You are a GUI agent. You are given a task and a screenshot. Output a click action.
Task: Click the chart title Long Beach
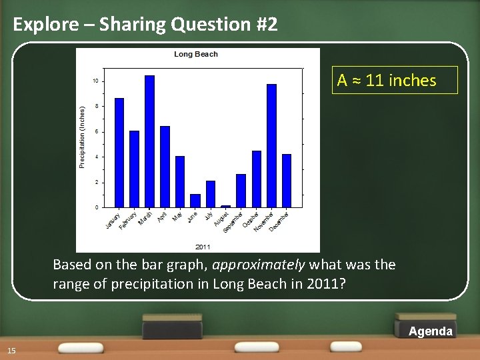click(196, 54)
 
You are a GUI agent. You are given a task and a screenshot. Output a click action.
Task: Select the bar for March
click(149, 141)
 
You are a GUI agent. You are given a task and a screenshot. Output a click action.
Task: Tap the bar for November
click(271, 145)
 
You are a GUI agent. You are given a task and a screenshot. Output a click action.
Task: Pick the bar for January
click(119, 153)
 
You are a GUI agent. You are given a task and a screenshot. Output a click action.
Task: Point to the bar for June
click(195, 201)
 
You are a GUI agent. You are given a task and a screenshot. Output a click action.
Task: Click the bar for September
click(241, 191)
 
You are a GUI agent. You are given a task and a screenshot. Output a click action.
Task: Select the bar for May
click(180, 181)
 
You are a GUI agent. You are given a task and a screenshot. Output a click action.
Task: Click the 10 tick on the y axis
click(96, 81)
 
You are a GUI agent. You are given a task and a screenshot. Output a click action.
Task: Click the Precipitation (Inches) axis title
click(83, 137)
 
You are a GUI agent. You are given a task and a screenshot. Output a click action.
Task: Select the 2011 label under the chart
click(203, 247)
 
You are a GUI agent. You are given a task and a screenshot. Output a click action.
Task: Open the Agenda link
click(430, 331)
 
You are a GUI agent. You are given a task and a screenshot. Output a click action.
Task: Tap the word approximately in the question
click(259, 265)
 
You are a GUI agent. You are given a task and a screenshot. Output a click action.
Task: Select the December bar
click(287, 181)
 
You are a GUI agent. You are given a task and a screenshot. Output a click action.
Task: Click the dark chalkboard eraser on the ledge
click(172, 331)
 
